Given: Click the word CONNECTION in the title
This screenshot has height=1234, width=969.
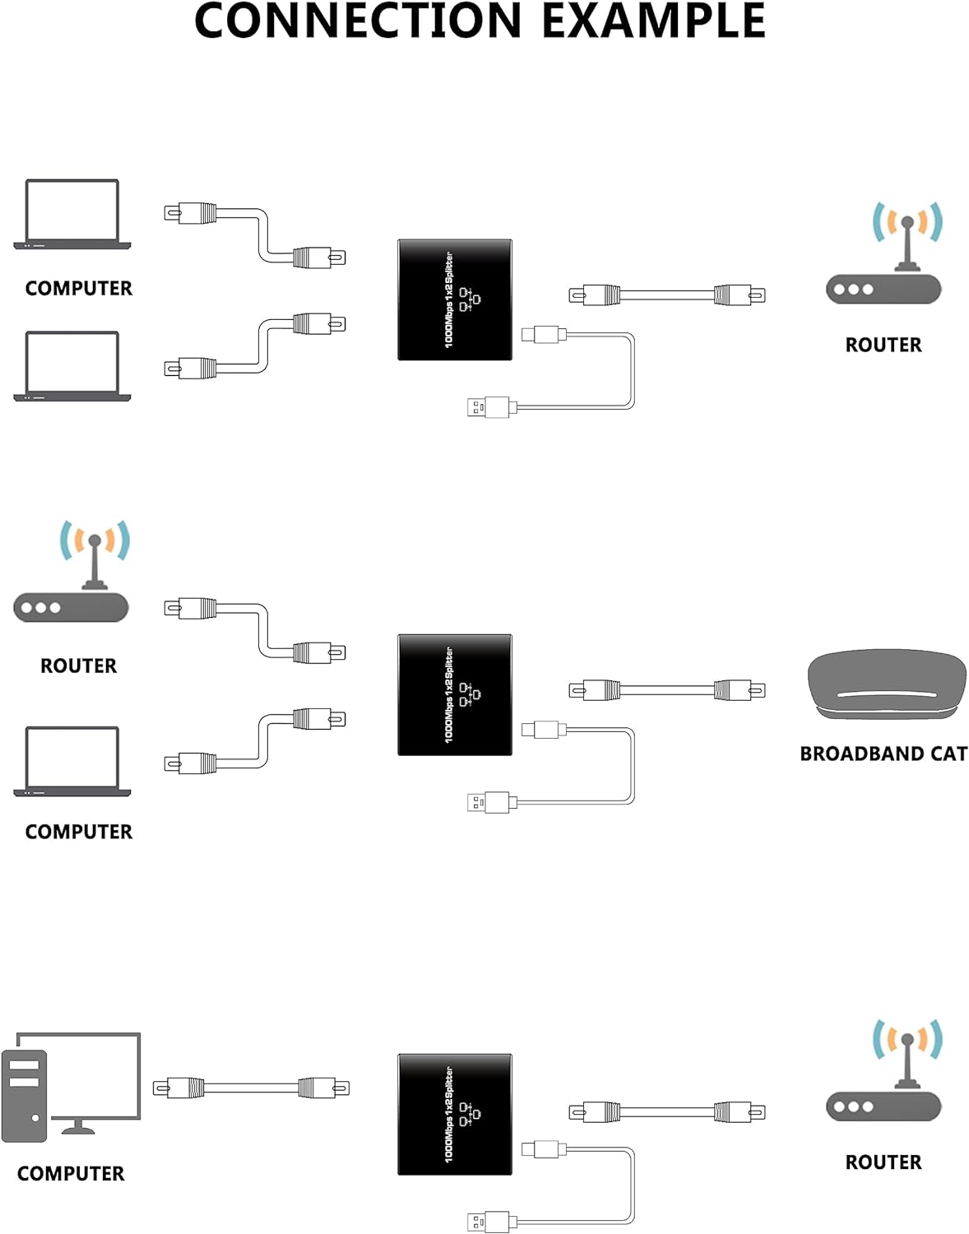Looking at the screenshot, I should click(x=358, y=21).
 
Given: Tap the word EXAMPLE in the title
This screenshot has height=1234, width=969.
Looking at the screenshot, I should click(x=654, y=21).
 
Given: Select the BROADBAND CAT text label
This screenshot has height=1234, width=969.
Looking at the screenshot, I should click(x=883, y=754).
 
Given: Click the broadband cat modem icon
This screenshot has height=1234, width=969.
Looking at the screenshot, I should click(x=887, y=686).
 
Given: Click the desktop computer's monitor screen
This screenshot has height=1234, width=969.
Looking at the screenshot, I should click(x=90, y=1074).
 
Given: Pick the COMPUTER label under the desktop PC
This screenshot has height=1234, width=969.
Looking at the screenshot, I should click(x=71, y=1173).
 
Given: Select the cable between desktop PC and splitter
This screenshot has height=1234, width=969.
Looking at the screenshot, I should click(x=251, y=1088).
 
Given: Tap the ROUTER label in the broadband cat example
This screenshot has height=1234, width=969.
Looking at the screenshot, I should click(x=78, y=666).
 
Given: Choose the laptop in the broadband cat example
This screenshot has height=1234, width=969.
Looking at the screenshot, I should click(x=72, y=761).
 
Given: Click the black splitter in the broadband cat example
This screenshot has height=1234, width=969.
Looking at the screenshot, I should click(x=455, y=695).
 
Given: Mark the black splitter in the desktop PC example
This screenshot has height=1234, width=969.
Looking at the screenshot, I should click(x=455, y=1114).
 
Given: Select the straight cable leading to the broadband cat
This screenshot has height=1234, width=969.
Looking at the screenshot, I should click(x=667, y=689).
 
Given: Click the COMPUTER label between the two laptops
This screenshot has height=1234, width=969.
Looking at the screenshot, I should click(x=78, y=288).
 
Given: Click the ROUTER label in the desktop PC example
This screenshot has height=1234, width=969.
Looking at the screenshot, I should click(x=883, y=1162).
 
